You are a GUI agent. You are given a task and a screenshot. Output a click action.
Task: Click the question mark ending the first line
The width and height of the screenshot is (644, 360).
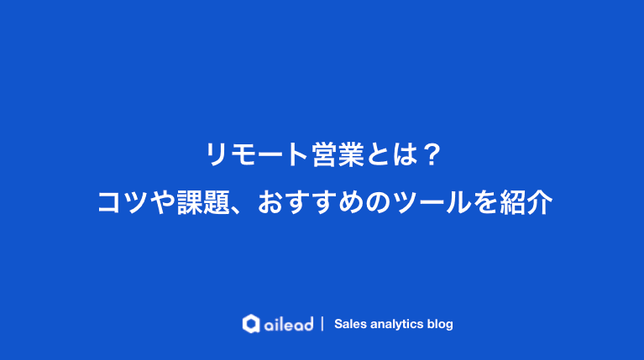430,154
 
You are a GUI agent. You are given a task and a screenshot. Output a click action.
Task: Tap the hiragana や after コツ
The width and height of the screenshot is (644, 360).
164,202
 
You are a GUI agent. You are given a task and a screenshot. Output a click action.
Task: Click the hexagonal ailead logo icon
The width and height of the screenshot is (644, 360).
250,324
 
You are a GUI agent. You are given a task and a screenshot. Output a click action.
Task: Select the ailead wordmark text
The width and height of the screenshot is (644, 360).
287,324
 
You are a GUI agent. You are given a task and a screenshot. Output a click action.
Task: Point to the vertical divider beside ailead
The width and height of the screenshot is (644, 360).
323,324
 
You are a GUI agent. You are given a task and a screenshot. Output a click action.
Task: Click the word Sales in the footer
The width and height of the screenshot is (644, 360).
350,324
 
